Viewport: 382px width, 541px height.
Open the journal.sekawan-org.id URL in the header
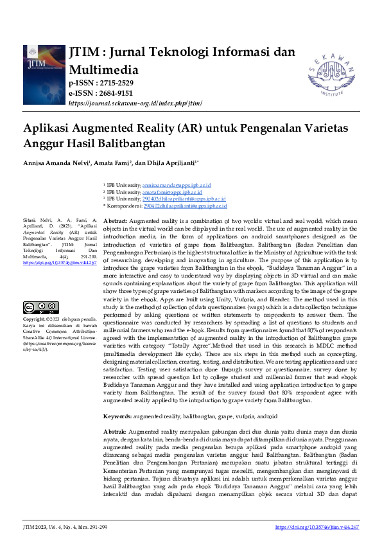[x=135, y=103]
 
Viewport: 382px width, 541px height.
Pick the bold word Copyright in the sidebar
[x=34, y=319]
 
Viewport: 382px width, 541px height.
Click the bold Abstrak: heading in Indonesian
[x=115, y=414]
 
